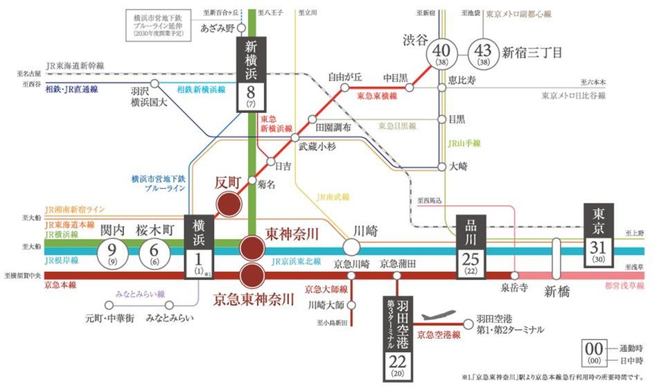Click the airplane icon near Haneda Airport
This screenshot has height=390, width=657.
click(x=442, y=317)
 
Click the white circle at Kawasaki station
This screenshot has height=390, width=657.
click(x=351, y=247)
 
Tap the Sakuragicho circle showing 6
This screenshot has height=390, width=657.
click(x=154, y=254)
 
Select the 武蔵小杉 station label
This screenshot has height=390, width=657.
click(x=317, y=147)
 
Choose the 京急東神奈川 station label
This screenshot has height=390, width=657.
click(x=254, y=299)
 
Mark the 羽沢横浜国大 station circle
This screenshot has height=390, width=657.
click(x=155, y=84)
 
